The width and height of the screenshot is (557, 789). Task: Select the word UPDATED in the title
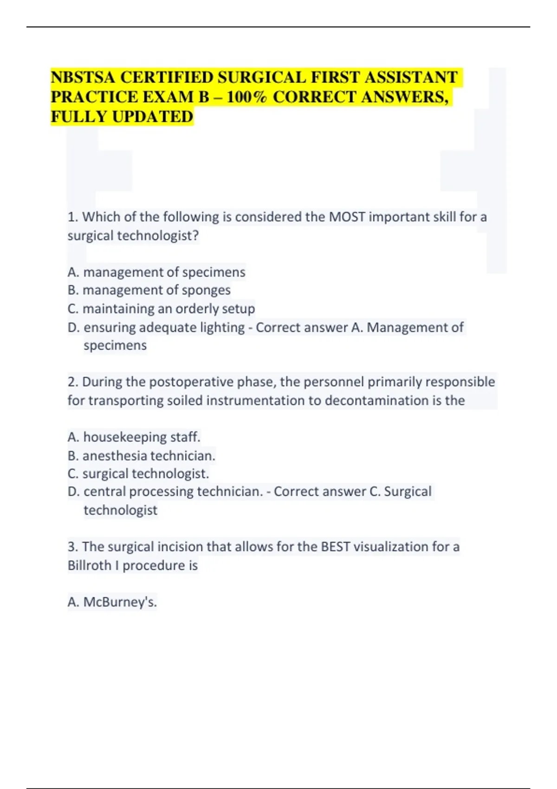(153, 116)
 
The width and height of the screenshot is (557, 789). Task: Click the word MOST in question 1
(347, 217)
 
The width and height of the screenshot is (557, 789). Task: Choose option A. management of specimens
(156, 272)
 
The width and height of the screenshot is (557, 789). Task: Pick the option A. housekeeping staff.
(134, 437)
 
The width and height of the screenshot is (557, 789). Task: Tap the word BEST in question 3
(335, 547)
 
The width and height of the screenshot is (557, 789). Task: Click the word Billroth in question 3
(89, 565)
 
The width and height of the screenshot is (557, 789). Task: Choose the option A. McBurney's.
(112, 602)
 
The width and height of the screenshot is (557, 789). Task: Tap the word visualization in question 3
(391, 547)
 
